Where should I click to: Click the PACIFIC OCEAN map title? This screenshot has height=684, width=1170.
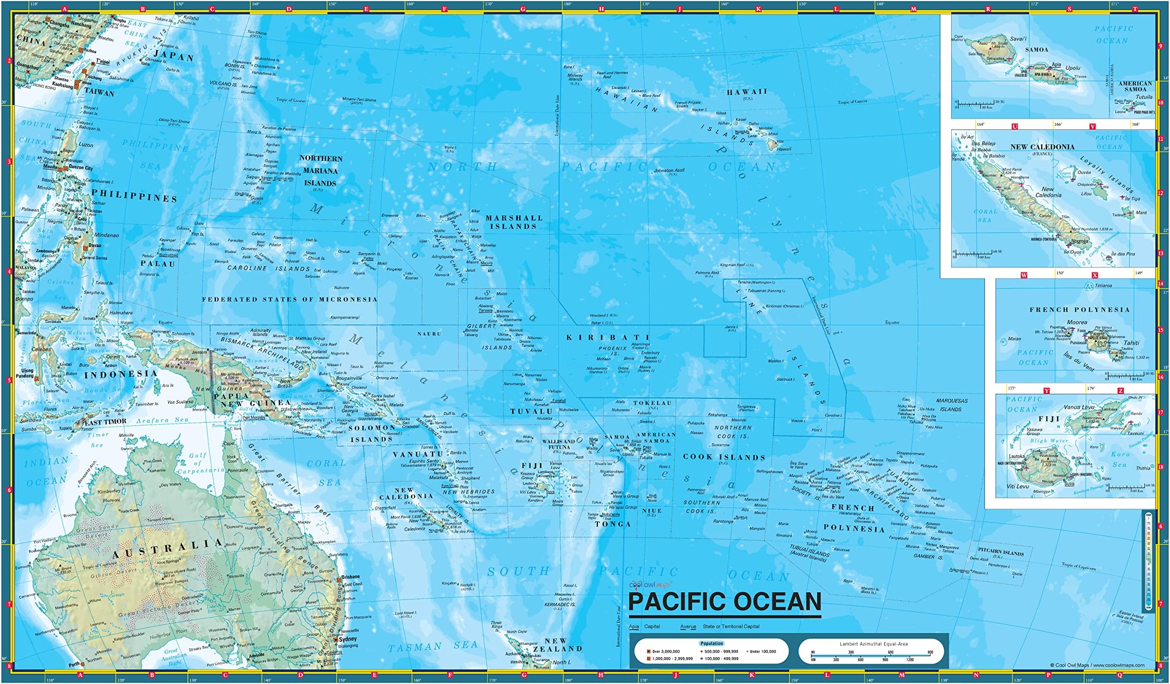click(x=724, y=602)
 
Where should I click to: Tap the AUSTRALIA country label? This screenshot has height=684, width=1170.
click(x=168, y=548)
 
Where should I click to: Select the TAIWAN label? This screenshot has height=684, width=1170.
click(x=99, y=93)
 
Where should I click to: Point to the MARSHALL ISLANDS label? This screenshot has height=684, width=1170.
click(x=514, y=222)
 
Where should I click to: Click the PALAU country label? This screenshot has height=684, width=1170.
click(x=159, y=264)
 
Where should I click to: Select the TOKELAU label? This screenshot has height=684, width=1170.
click(x=652, y=403)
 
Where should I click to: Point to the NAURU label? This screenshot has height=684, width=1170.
click(x=429, y=334)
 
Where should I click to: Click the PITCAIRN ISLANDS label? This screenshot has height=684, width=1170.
click(x=1000, y=553)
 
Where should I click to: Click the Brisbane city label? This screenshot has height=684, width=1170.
click(x=350, y=576)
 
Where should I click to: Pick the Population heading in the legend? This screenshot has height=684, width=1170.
click(x=712, y=643)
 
